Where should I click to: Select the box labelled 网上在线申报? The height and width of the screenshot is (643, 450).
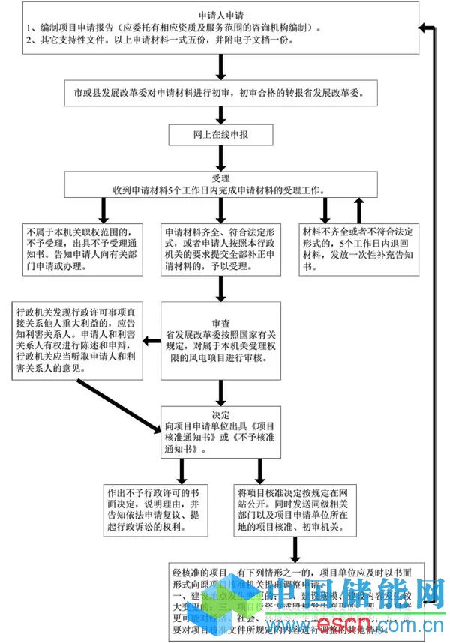coord(220,136)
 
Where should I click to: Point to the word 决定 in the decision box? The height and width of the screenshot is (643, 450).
coord(220,414)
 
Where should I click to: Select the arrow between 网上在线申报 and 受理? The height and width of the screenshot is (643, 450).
coord(220,158)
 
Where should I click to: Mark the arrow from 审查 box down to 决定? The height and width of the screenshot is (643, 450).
coord(220,392)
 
